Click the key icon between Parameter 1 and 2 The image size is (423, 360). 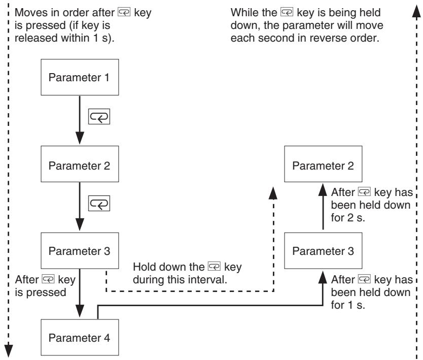coord(99,117)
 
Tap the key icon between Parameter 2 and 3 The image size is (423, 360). coord(99,204)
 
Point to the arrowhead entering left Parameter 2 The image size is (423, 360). coord(80,138)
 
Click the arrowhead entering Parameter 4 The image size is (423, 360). coord(80,311)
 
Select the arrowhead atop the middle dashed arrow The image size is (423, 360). coord(273,193)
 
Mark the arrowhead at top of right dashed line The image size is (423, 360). coord(416,11)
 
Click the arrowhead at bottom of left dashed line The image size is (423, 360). coord(9,351)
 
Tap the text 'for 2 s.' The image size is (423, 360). coord(348,218)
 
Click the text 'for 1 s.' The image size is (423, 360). coord(348,305)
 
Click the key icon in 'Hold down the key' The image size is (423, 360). coord(214,266)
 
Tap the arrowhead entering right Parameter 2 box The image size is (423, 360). coord(323,189)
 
